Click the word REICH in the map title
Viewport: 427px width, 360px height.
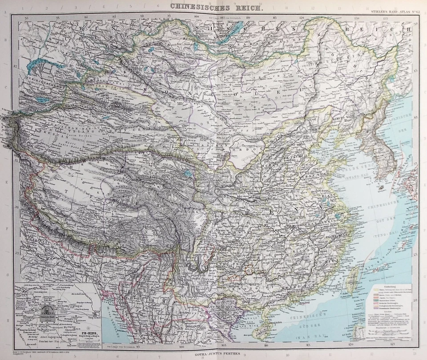pyautogui.click(x=252, y=7)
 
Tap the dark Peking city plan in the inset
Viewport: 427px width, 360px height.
pyautogui.click(x=48, y=311)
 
